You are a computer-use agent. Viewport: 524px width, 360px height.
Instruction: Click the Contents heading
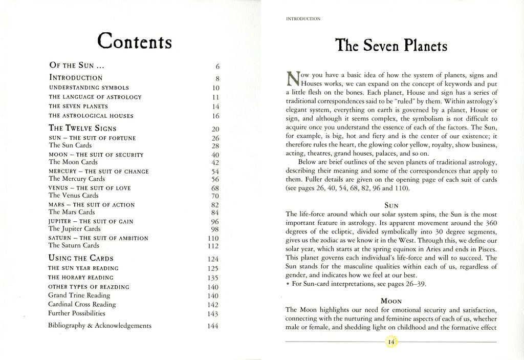point(134,40)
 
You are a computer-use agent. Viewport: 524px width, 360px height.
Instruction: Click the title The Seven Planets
point(390,46)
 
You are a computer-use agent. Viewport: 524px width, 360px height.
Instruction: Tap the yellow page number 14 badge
point(391,342)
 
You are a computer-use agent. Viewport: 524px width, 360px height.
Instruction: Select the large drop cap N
point(293,79)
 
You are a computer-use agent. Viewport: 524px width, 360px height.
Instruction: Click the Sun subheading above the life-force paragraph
point(391,205)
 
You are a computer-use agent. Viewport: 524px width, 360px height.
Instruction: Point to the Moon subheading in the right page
point(391,301)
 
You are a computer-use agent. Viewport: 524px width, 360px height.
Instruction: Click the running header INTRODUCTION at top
point(303,19)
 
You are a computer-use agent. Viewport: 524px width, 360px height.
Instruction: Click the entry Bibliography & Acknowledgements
point(100,325)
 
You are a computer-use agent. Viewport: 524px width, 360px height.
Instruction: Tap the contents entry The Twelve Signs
point(82,128)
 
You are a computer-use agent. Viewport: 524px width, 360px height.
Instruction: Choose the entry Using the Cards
point(81,258)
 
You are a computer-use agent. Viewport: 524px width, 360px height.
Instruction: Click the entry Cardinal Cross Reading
point(82,304)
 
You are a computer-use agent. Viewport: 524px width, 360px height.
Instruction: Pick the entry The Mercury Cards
point(77,179)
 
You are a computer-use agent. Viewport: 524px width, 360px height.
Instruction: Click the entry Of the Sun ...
point(77,66)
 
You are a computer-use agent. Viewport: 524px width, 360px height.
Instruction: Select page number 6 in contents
point(217,66)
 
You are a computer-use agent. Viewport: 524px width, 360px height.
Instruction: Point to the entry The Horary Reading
point(81,278)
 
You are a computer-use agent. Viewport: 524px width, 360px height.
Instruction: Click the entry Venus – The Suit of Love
point(88,188)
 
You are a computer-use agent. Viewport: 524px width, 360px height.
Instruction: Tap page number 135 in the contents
point(213,278)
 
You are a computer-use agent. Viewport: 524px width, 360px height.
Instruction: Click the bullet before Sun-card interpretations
point(288,284)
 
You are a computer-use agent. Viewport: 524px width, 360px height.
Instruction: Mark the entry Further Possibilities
point(77,313)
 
